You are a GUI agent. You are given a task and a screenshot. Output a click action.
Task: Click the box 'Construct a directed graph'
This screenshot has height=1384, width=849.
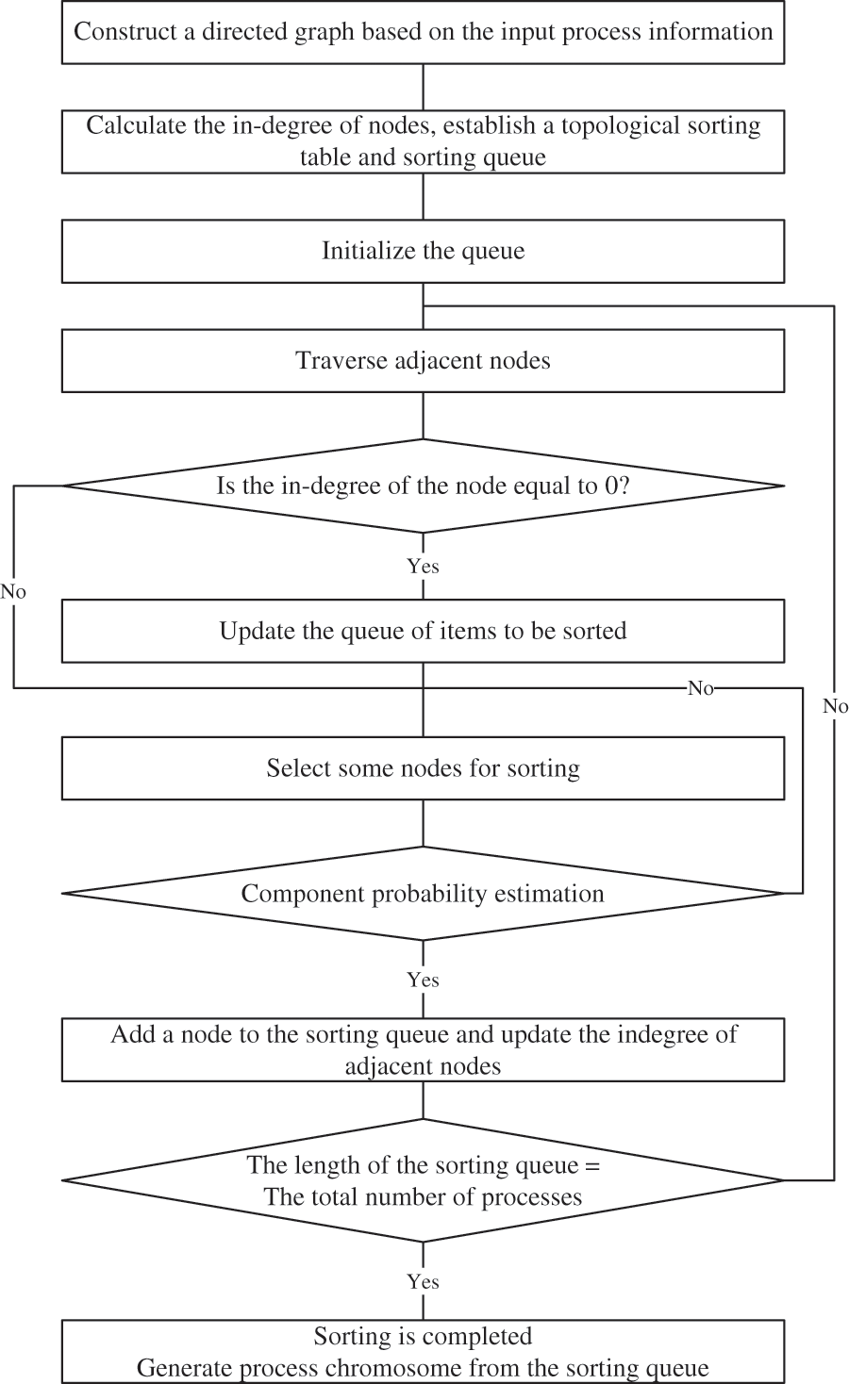coord(423,32)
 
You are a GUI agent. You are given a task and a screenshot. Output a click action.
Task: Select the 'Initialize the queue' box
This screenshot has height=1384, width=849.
coord(423,252)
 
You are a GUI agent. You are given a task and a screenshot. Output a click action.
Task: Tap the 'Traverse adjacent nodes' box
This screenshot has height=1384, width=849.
coord(423,361)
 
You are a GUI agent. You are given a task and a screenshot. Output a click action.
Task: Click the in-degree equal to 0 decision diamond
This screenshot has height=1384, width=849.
coord(423,486)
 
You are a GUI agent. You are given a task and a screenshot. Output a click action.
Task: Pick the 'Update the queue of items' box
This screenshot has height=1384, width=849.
coord(423,631)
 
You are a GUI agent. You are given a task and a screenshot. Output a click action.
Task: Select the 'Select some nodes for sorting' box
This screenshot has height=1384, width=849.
coord(423,768)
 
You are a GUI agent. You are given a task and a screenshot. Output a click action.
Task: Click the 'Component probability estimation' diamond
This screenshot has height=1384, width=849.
coord(423,894)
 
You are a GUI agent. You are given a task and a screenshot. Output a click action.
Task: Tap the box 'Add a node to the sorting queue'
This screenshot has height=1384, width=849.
coord(423,1050)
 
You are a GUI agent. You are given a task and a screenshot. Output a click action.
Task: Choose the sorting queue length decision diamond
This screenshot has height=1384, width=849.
coord(423,1180)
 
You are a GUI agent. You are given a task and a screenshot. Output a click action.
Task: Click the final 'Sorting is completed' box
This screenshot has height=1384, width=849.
coord(423,1351)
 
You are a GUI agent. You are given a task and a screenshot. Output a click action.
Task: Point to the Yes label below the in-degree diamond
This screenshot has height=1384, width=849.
coord(423,566)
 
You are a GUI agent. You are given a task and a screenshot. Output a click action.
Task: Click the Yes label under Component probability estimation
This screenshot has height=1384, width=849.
coord(423,980)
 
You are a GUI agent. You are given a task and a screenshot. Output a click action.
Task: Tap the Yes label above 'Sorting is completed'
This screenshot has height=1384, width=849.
coord(423,1281)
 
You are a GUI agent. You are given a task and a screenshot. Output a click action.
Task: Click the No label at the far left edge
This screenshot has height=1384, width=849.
coord(13,592)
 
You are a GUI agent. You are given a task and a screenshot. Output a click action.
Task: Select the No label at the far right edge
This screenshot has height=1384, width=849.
coord(835,706)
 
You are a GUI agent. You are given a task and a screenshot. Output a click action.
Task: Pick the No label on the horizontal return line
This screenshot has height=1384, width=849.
coord(700,688)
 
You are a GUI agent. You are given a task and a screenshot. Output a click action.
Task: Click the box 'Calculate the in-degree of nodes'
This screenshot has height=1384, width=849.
coord(423,141)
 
